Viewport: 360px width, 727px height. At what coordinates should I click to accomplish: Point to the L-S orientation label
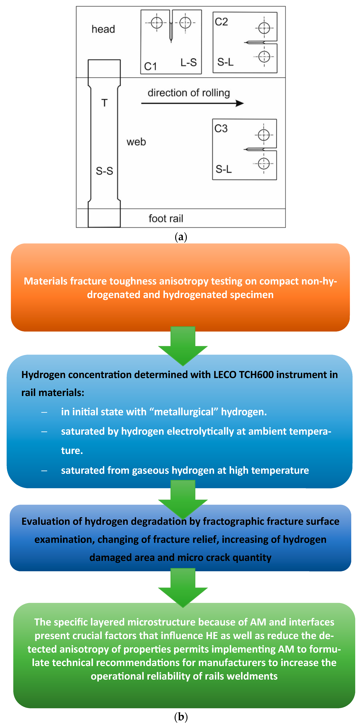188,62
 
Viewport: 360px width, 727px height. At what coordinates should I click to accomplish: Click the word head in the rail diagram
103,29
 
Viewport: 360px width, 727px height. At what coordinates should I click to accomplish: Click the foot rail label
166,218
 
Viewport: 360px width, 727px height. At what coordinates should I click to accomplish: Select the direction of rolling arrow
192,103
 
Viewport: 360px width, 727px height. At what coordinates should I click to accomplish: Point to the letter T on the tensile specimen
104,103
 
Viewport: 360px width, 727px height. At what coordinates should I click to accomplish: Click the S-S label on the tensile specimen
104,171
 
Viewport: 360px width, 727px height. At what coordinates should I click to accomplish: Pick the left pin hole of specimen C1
157,23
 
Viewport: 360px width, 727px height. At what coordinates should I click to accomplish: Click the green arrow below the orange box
183,346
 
